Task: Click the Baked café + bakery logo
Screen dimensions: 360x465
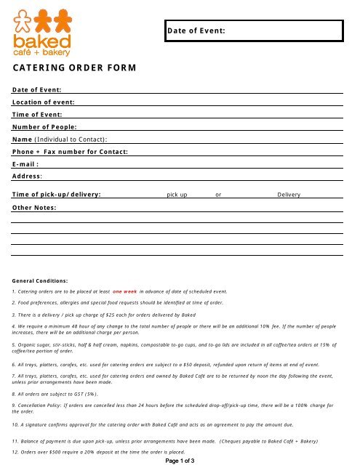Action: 41,32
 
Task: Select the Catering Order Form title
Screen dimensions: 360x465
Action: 75,68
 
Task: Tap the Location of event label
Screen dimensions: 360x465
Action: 44,102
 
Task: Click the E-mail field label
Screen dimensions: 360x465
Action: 25,163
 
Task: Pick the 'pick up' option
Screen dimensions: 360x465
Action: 177,195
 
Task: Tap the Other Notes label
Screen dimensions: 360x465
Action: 34,208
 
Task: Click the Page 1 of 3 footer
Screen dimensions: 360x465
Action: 179,460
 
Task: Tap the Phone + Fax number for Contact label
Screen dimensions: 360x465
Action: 70,151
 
